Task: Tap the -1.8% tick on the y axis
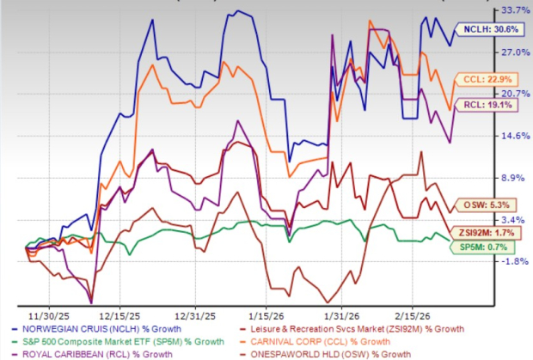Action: click(x=513, y=262)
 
